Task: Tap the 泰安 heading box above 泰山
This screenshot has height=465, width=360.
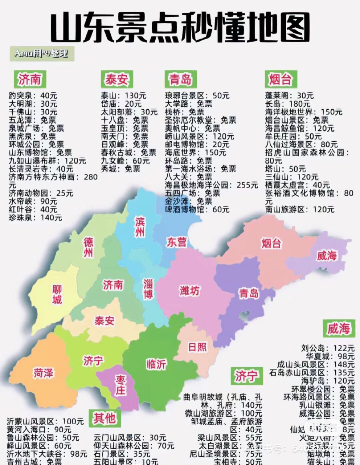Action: tap(116, 80)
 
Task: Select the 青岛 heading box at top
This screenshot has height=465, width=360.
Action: tap(180, 80)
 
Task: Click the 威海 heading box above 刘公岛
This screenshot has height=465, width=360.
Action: tap(338, 328)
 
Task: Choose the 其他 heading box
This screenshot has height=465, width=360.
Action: tap(104, 418)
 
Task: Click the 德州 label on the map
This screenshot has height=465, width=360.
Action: tap(88, 247)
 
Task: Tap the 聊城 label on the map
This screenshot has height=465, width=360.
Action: tap(57, 294)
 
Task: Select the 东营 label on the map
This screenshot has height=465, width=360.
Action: tap(177, 242)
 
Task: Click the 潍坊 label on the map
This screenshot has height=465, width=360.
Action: tap(189, 291)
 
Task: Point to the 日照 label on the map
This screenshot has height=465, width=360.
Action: tap(197, 347)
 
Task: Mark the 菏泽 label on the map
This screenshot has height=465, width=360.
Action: tap(44, 373)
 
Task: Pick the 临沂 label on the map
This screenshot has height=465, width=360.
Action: tap(156, 364)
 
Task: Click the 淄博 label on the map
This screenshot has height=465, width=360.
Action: tap(148, 289)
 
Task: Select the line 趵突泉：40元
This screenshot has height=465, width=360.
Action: tap(33, 96)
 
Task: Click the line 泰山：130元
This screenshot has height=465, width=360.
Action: tap(123, 96)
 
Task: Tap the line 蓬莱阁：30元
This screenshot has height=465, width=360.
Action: tap(289, 96)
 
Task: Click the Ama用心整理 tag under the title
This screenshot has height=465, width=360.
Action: tap(41, 54)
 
